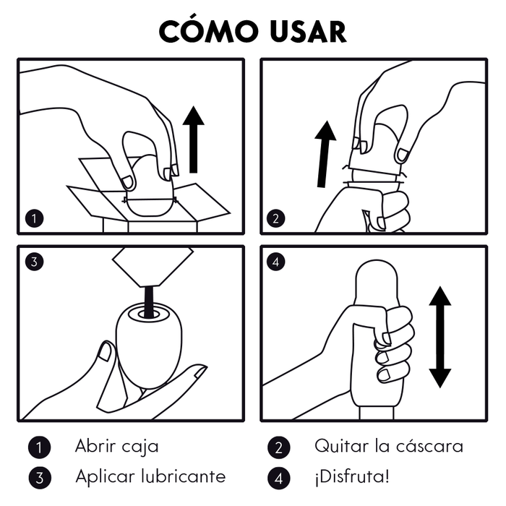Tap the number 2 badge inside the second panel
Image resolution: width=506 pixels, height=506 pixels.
(276, 218)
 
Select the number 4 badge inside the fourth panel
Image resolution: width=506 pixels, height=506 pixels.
(276, 262)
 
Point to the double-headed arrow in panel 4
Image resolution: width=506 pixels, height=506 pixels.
(439, 337)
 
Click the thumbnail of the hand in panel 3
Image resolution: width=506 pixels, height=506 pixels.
(106, 352)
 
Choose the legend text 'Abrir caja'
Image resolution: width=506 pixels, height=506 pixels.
(116, 446)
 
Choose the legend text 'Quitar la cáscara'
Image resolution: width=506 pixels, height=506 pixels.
(388, 446)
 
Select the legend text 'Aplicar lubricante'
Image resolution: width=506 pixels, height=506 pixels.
(150, 476)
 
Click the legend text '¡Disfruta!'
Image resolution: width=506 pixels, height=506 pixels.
(351, 476)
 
